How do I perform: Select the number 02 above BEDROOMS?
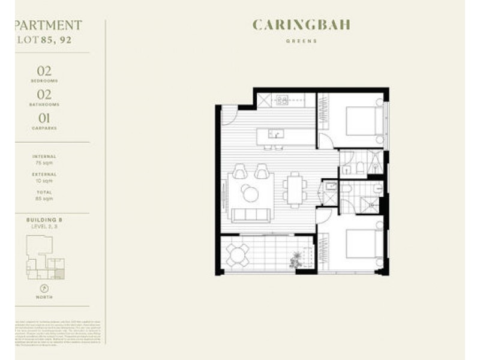coord(44,71)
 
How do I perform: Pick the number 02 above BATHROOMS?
coord(44,94)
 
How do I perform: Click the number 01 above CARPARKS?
coord(44,118)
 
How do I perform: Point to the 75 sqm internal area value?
coord(44,162)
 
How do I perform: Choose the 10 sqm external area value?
coord(44,180)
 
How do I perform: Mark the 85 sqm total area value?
coord(44,198)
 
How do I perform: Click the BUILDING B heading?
coord(44,221)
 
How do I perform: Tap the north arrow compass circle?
coord(44,289)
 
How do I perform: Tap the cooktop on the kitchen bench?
coord(281,100)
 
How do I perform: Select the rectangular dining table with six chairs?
coord(294,190)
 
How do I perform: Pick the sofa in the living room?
coord(250,215)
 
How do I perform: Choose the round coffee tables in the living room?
coord(250,193)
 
